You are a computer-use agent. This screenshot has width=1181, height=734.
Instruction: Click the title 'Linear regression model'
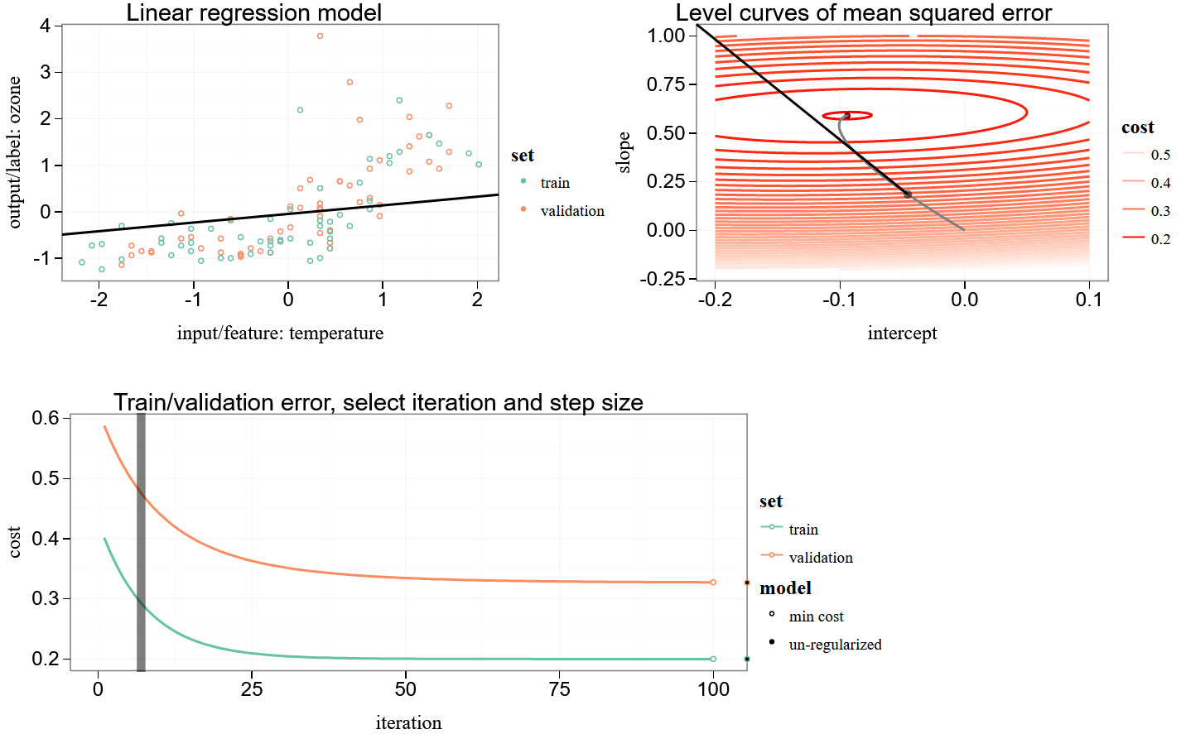pos(253,12)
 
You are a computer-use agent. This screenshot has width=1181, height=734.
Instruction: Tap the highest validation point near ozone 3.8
pos(320,36)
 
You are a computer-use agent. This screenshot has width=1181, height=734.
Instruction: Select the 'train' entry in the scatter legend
pos(554,183)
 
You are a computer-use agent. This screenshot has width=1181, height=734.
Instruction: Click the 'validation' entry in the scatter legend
pos(571,211)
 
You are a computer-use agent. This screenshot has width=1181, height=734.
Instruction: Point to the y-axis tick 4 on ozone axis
pos(45,26)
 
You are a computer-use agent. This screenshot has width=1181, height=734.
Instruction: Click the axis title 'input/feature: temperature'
pos(280,333)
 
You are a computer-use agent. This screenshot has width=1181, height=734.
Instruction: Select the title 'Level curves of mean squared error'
pos(863,12)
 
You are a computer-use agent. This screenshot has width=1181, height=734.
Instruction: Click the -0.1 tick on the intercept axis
pos(839,299)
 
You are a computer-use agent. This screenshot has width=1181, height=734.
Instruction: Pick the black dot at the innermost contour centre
pos(847,116)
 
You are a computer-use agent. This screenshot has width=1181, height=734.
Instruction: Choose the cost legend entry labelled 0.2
pos(1159,239)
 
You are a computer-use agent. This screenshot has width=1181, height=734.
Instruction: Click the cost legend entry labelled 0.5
pos(1159,155)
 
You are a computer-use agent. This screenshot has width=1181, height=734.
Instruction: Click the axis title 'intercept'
pos(902,333)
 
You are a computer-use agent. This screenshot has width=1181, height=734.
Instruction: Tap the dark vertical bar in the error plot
pos(141,542)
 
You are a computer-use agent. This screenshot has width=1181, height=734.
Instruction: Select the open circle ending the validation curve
pos(713,583)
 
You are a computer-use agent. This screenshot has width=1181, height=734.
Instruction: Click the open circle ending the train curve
pos(713,660)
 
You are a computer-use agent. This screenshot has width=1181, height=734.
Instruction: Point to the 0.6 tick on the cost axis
pos(45,418)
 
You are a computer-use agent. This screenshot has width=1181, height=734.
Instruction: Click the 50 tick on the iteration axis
pos(406,688)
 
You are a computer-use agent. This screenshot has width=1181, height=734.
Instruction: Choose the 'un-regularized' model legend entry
pos(834,645)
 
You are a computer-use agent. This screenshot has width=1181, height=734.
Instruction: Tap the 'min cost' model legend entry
pos(816,616)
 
